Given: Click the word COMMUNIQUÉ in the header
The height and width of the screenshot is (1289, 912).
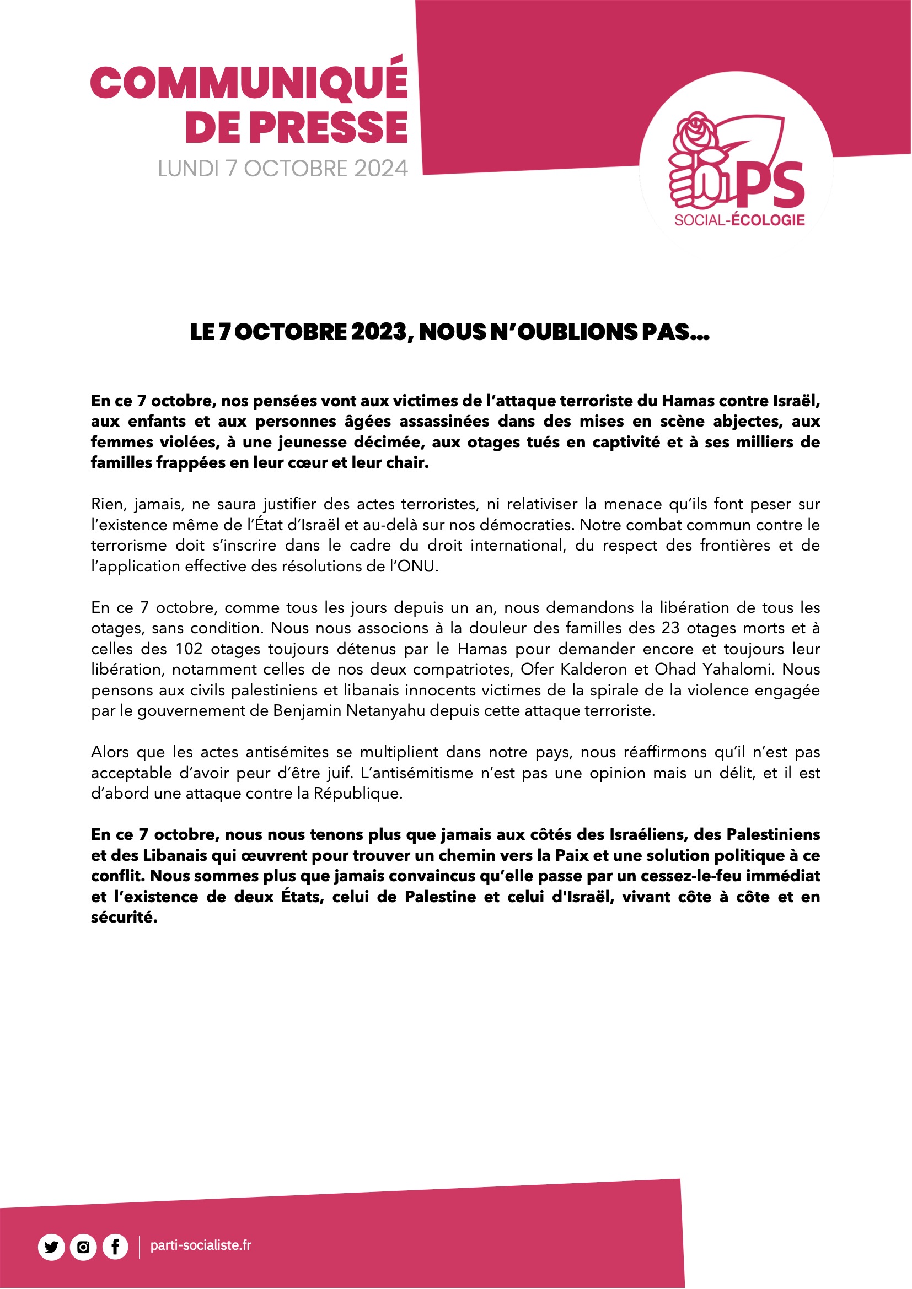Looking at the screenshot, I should click(x=249, y=83).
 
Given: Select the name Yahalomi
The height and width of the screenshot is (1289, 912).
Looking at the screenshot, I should click(x=738, y=669).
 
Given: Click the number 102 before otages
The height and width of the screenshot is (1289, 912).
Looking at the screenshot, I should click(x=189, y=649).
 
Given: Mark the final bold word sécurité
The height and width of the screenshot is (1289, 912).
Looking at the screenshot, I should click(x=124, y=918).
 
